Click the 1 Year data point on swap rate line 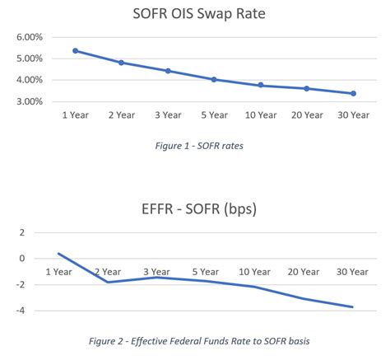[75, 51]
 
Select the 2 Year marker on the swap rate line [121, 63]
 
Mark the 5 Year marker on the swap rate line [214, 80]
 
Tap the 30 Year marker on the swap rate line [353, 94]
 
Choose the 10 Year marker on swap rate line [261, 86]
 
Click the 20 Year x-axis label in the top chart [306, 114]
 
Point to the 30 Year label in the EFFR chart [353, 271]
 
